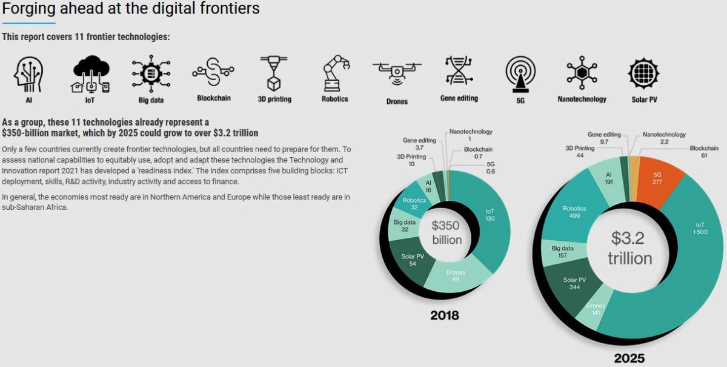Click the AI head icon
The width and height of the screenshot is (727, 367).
point(28,73)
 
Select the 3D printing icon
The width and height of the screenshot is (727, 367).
point(274,73)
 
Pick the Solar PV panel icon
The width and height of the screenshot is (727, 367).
point(644,73)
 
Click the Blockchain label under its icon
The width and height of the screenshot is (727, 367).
point(214,98)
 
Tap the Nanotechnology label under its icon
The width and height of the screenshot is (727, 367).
point(582,99)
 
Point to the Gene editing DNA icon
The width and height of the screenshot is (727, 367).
point(459,71)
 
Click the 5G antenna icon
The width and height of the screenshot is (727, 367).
point(520,73)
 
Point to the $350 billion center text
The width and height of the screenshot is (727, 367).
point(446,232)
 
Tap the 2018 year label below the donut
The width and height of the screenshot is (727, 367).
point(444,315)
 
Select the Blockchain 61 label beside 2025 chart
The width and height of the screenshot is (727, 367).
point(703,152)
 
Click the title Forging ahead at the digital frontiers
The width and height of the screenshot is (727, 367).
point(131,9)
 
